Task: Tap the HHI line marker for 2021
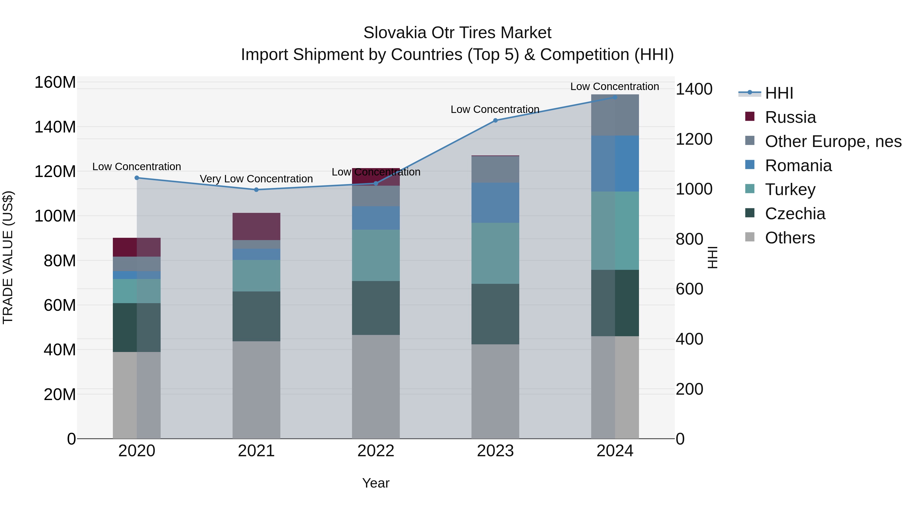pos(256,189)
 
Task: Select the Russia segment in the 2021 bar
pos(256,226)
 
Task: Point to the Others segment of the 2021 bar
pos(256,390)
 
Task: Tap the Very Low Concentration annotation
pos(256,179)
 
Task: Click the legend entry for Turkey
pos(790,189)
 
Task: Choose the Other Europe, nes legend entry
pos(833,141)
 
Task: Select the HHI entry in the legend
pos(779,93)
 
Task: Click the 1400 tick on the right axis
pos(694,89)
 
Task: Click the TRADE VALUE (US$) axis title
pos(8,257)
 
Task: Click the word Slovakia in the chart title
pos(394,33)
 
